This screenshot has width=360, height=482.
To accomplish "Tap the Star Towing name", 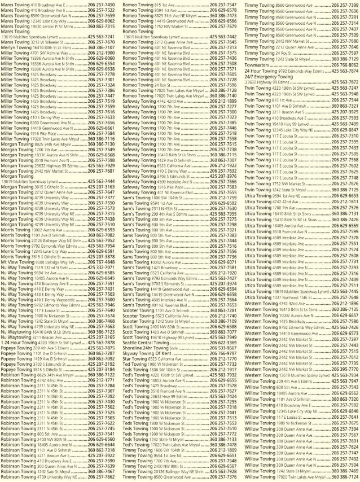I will click(137, 358).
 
